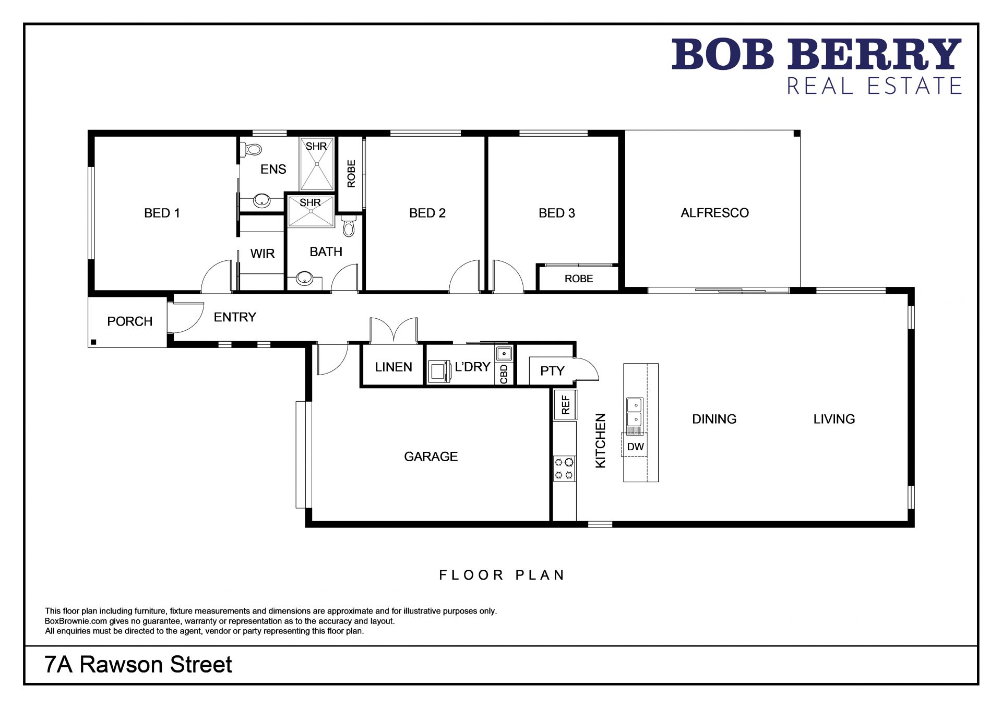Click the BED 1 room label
pos(162,213)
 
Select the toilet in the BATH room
pos(348,226)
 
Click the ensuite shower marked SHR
pos(316,163)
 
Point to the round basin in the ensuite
pos(261,200)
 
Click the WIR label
pos(263,254)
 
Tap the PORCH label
pos(130,321)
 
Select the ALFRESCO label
pos(714,213)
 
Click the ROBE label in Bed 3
pos(579,279)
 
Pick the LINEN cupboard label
pos(393,367)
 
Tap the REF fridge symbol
pos(565,404)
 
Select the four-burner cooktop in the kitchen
pos(564,468)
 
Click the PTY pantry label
pos(552,371)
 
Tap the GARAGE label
pos(431,457)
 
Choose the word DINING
pos(714,419)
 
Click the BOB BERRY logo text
pos(816,54)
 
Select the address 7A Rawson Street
pos(138,664)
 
